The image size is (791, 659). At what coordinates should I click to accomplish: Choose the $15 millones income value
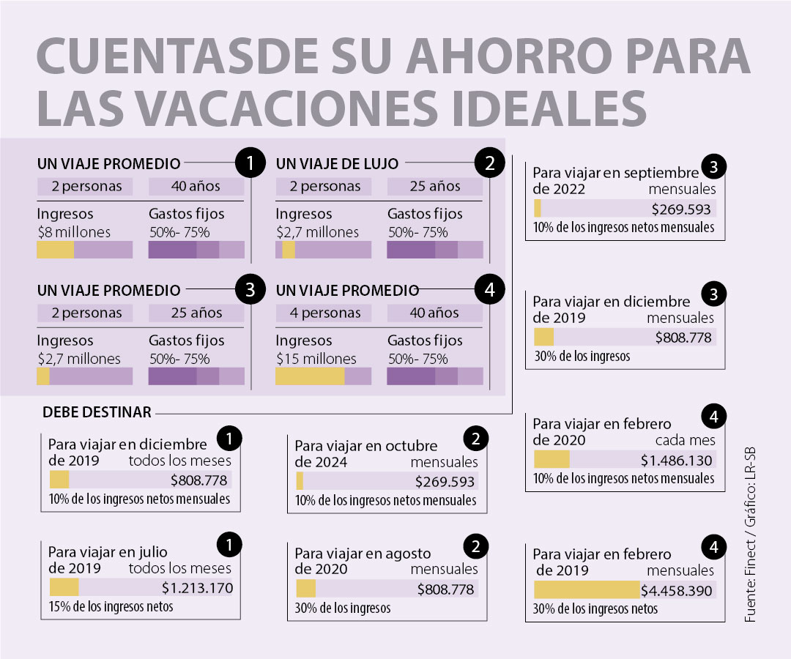coord(316,359)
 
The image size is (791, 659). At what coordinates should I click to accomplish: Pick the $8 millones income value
coord(73,232)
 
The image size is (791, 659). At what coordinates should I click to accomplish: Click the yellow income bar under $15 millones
coord(310,376)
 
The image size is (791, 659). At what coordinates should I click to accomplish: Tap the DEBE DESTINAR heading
coord(97,412)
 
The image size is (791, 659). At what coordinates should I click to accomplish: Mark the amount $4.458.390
coord(676,590)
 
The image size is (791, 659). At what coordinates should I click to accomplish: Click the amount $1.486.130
coord(676,461)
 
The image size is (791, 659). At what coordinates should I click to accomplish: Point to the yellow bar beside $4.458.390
coord(586,590)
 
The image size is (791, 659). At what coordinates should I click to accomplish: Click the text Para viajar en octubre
coord(365,446)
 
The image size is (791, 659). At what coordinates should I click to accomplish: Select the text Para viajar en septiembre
coord(615,173)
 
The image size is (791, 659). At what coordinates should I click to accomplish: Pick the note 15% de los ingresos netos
coord(111,606)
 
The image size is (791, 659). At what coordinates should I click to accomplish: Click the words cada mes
coord(685,441)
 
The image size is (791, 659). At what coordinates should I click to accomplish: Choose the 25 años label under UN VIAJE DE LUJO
coord(434,186)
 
